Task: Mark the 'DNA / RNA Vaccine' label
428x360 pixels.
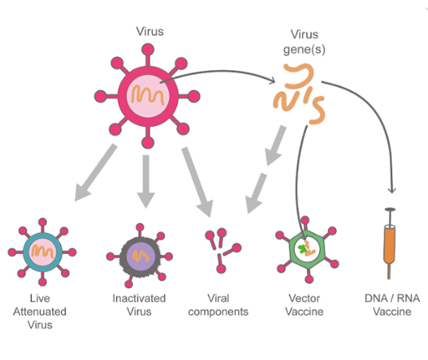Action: click(x=387, y=304)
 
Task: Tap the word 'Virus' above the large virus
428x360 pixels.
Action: click(x=149, y=31)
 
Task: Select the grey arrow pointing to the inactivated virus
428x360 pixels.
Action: click(x=145, y=180)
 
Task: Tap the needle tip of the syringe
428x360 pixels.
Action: click(x=387, y=276)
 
